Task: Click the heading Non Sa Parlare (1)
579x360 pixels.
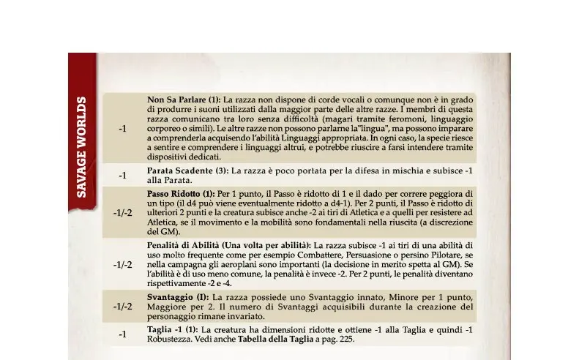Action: pyautogui.click(x=184, y=100)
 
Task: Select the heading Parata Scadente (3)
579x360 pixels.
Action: pyautogui.click(x=188, y=170)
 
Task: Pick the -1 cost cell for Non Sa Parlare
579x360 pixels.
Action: pyautogui.click(x=123, y=128)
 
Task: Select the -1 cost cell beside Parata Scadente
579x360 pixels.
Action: pyautogui.click(x=123, y=176)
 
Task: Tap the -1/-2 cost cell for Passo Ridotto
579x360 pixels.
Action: pyautogui.click(x=123, y=212)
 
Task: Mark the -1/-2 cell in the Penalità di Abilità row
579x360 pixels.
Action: pyautogui.click(x=123, y=264)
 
